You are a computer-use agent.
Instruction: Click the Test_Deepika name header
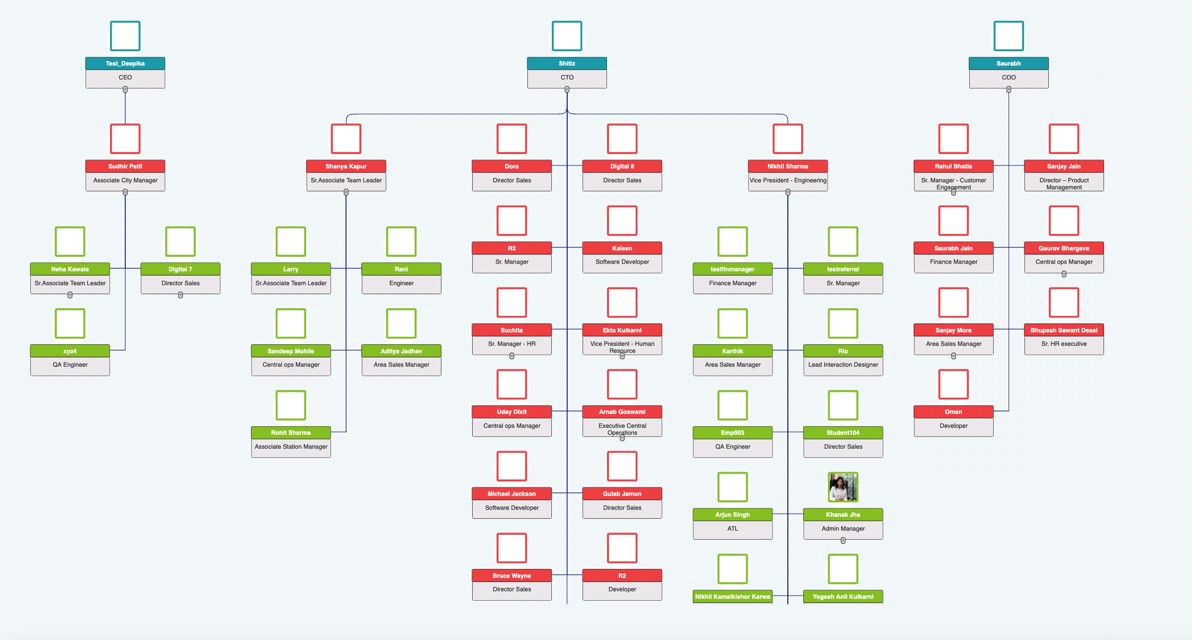point(125,64)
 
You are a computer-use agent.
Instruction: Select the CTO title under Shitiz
point(567,78)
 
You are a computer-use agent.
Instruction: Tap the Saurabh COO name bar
point(1008,64)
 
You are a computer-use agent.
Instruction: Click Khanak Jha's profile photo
point(843,487)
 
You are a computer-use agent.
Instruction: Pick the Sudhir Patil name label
point(125,166)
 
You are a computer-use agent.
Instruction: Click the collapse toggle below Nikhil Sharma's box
point(787,192)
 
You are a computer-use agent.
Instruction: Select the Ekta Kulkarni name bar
point(622,330)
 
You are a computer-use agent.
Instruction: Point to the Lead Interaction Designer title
point(843,365)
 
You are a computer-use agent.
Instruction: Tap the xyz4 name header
point(70,351)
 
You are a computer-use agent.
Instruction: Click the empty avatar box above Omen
point(953,384)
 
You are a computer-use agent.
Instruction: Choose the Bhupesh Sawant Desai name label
point(1063,330)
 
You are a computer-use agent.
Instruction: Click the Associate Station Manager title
point(291,447)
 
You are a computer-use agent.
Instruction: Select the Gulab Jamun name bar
point(622,494)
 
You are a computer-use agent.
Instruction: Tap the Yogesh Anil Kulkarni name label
point(843,597)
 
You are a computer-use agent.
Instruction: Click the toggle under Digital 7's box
point(180,295)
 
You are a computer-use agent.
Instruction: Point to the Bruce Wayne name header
point(511,576)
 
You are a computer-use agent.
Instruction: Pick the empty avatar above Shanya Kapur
point(346,139)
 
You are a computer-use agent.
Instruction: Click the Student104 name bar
point(843,433)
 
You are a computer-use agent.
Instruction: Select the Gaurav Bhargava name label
point(1063,248)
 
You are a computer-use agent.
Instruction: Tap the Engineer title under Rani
point(401,283)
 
